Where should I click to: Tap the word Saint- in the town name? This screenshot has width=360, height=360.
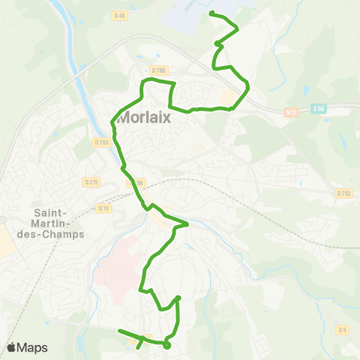point(50,201)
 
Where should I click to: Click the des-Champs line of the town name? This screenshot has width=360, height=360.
point(59,232)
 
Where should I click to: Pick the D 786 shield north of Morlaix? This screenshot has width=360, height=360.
point(158,70)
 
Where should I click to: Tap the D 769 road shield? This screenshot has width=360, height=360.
point(102,142)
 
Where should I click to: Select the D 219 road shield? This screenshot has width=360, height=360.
point(92,181)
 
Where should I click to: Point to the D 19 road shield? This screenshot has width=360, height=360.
point(103,208)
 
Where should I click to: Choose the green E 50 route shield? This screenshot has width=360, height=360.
point(319,109)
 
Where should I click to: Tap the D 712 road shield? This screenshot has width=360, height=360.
point(344,193)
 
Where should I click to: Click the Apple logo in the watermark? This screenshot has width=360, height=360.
point(11,347)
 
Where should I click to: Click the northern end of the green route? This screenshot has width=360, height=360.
point(211,13)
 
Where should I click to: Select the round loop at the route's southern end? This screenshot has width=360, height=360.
point(166,346)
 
